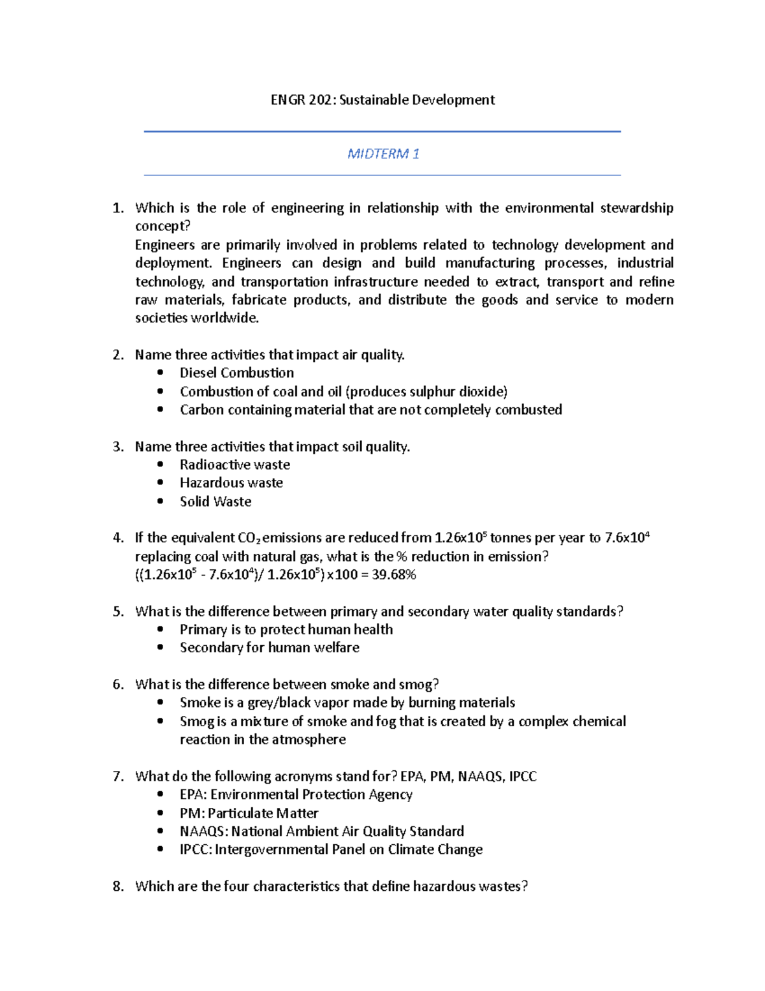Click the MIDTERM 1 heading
click(x=383, y=154)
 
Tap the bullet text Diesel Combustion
click(x=237, y=373)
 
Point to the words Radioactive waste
click(x=235, y=465)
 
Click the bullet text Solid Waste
click(x=215, y=502)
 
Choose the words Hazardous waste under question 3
click(x=231, y=483)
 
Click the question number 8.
click(x=117, y=886)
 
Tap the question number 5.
click(x=117, y=611)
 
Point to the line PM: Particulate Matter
click(x=249, y=813)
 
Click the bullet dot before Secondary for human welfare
click(x=160, y=648)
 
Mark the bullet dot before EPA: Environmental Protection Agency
click(x=160, y=794)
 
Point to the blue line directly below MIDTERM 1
click(x=382, y=175)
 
